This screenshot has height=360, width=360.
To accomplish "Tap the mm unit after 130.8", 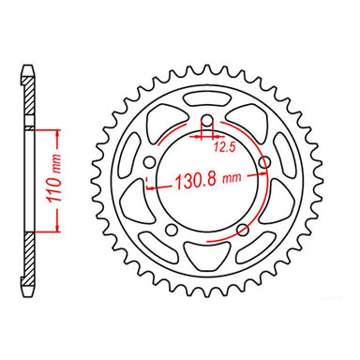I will point(234,184).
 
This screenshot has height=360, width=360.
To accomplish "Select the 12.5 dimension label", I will point(223,145).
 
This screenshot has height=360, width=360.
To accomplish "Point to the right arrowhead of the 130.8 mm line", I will point(261,184).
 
